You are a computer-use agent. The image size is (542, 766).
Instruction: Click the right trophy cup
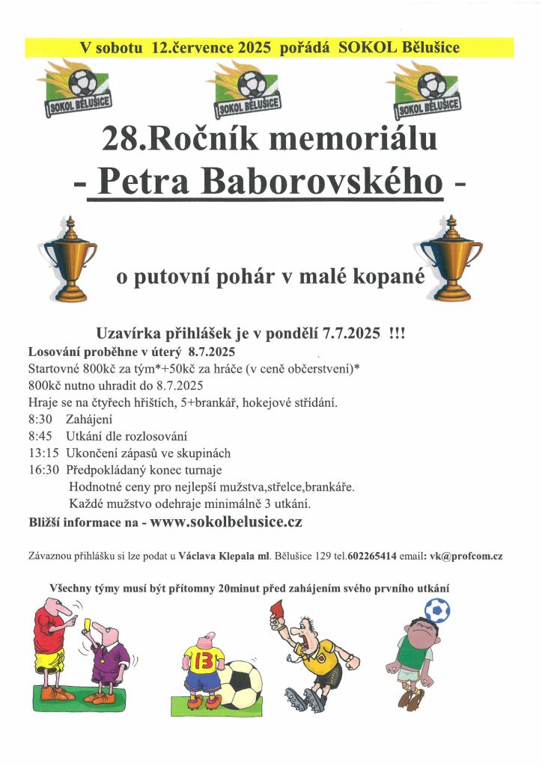coord(451,258)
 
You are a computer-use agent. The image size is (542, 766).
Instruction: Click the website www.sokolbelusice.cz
coord(226,522)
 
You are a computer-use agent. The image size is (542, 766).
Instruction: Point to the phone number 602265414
coord(378,557)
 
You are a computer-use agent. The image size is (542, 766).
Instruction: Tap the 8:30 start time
coord(40,420)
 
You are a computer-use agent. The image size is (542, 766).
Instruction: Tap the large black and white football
coord(242,684)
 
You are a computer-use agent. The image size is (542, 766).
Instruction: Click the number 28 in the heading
coord(118,139)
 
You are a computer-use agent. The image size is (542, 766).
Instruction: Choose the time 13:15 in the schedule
coord(43,453)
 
